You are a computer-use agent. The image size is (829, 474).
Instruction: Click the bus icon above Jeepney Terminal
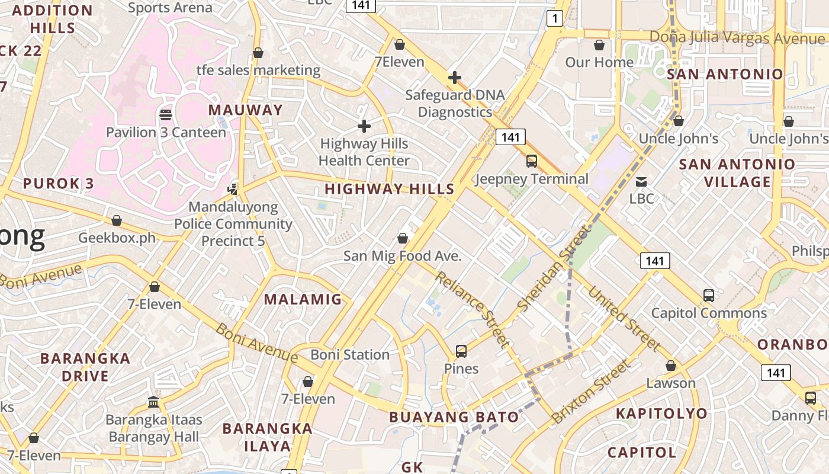coord(532,161)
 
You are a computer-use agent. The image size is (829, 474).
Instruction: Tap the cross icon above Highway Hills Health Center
coord(364,126)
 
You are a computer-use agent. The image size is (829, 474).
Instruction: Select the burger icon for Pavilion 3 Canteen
coord(166,114)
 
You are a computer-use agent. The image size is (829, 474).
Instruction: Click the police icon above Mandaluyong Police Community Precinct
coord(233,189)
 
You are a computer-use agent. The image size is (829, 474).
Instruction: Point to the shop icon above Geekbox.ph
coord(117,220)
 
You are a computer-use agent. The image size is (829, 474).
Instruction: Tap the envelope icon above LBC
coord(641,181)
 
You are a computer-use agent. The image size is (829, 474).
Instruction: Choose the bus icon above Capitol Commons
coord(709,295)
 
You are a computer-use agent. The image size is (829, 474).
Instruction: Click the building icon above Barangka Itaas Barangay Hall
coord(154,402)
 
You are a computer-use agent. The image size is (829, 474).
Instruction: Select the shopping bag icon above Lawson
coord(671,366)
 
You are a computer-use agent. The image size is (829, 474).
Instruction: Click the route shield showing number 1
coord(554,19)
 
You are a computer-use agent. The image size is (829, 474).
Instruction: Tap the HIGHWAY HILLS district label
coord(390,189)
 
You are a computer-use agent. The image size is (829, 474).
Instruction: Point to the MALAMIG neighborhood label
coord(303,299)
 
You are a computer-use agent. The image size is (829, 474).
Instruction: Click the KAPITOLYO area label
coord(661,414)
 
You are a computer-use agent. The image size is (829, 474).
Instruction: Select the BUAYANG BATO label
coord(454,417)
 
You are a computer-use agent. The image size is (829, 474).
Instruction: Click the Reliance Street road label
coord(472,308)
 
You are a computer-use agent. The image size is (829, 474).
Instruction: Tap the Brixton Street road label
coord(590,392)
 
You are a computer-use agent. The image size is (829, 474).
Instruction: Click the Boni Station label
coord(350,354)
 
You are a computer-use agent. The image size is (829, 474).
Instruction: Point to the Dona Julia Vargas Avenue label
coord(737,38)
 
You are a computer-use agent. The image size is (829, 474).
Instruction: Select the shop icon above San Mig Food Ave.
coord(403,238)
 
